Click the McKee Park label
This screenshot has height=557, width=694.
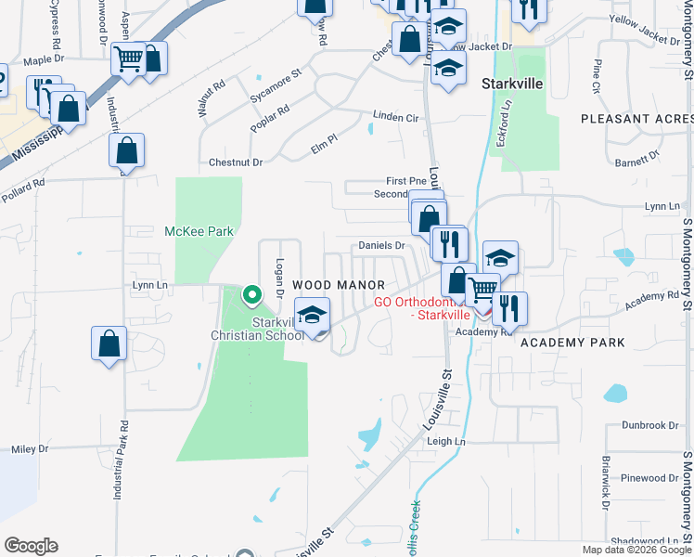[199, 231]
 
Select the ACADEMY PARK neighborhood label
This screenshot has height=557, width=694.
[572, 343]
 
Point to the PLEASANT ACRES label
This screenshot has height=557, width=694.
[636, 119]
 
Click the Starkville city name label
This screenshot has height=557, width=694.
[512, 83]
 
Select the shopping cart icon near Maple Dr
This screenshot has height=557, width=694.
[128, 60]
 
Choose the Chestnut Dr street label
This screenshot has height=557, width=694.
[236, 162]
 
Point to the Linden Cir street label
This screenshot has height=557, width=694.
[396, 118]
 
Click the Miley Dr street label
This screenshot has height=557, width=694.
[30, 448]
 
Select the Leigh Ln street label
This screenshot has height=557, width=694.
[444, 442]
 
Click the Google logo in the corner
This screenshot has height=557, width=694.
[31, 545]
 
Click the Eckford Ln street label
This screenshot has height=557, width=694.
[507, 119]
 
